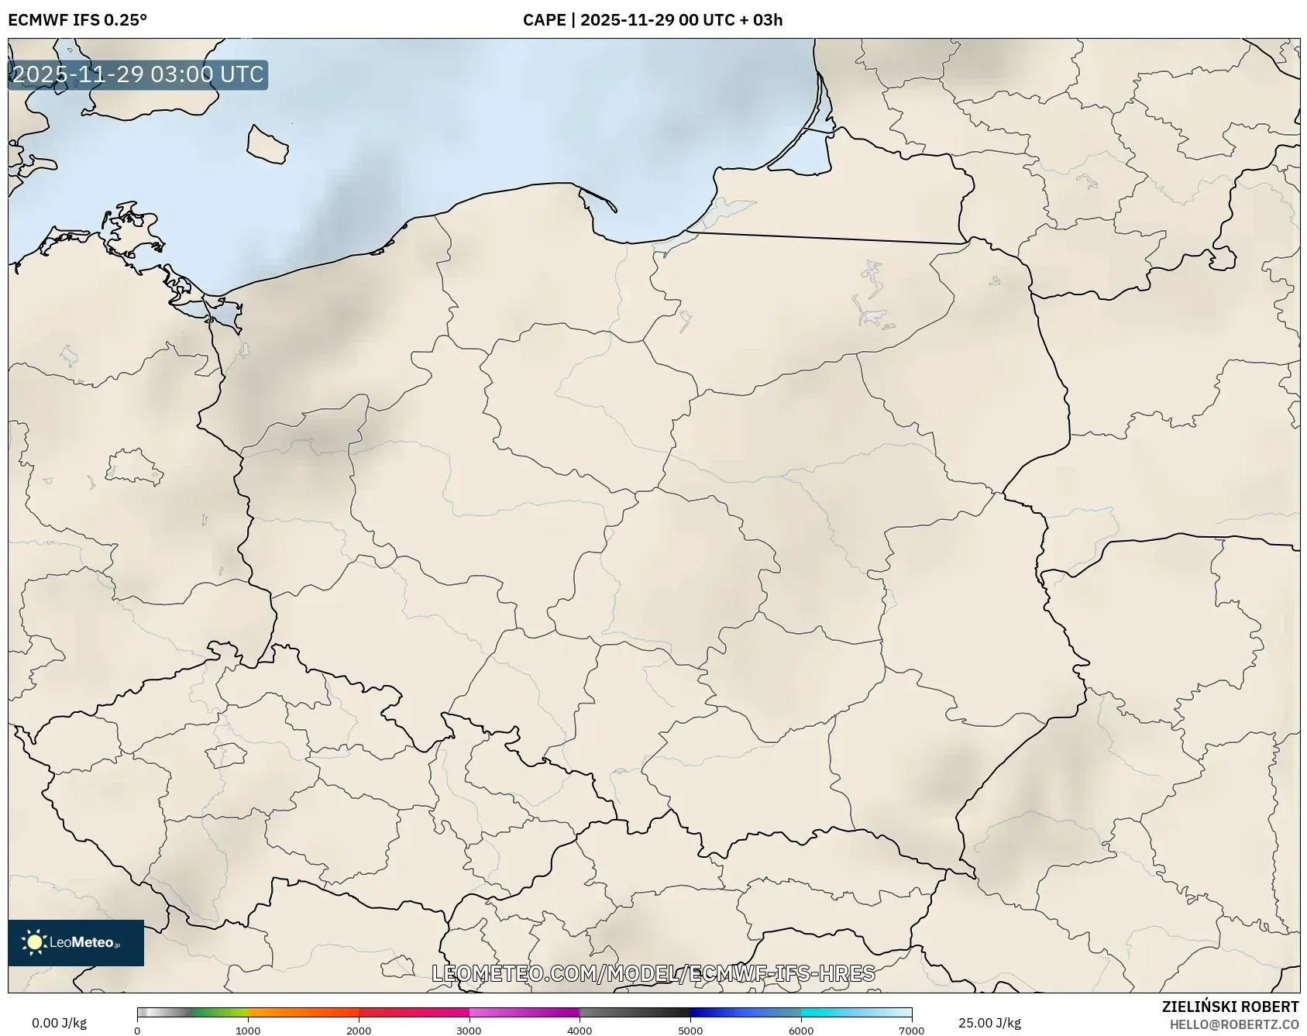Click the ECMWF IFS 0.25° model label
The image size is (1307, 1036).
(77, 20)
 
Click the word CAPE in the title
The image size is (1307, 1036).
(544, 20)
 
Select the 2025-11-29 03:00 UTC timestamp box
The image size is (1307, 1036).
(138, 75)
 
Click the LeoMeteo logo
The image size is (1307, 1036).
(76, 942)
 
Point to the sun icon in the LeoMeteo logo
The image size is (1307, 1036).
(34, 942)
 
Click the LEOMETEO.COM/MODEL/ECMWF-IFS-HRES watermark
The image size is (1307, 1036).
(653, 973)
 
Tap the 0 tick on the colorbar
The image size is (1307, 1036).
(137, 1031)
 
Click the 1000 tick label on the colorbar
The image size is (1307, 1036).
(248, 1031)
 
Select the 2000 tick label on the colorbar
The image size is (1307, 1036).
(359, 1031)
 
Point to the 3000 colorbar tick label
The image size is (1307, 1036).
(469, 1031)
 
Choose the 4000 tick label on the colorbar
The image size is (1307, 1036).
(580, 1031)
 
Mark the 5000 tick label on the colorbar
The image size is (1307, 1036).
(690, 1031)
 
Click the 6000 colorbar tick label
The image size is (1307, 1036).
(801, 1031)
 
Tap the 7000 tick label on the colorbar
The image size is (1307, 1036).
(911, 1031)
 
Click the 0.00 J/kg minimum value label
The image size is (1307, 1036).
(59, 1023)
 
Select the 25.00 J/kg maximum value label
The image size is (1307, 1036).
(989, 1023)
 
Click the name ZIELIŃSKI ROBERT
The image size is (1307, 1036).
(1230, 1007)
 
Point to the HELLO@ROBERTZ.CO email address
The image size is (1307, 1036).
(1234, 1024)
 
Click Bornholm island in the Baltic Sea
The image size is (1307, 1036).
(267, 145)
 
